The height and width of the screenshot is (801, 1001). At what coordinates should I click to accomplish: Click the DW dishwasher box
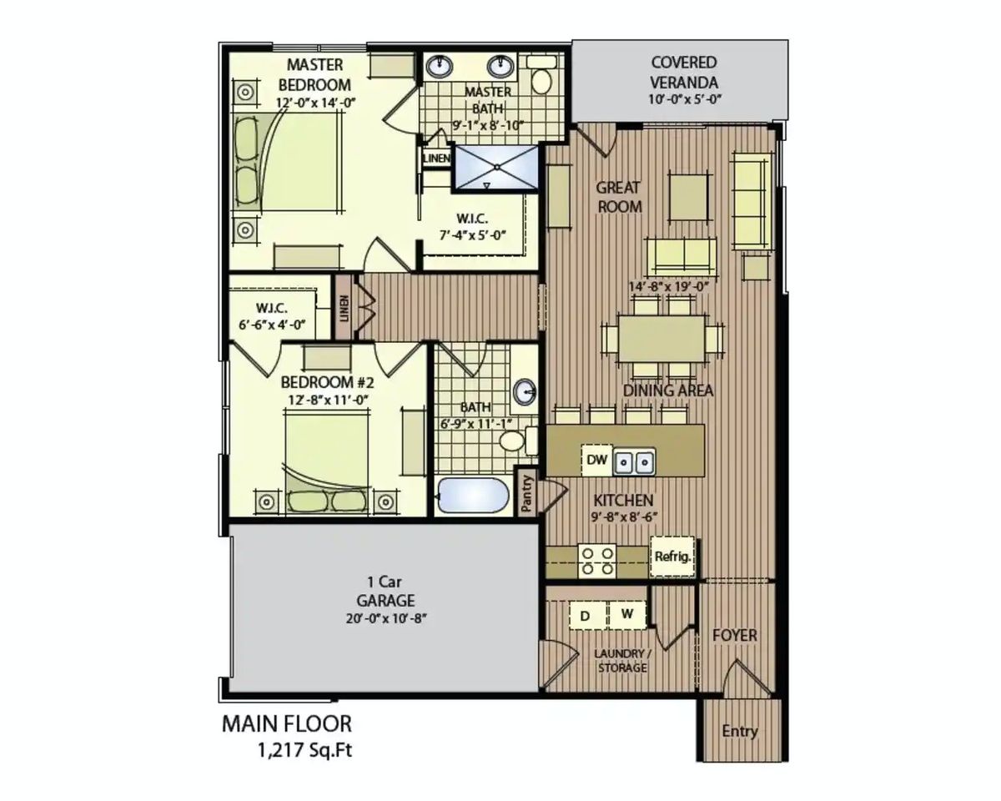[x=597, y=460]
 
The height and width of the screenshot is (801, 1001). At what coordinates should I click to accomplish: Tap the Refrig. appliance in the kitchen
[x=672, y=557]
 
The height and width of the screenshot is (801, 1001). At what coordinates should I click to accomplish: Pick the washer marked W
[x=627, y=614]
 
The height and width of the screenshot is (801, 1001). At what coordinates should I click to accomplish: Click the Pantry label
[x=526, y=493]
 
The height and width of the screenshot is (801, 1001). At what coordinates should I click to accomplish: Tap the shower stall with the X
[x=496, y=168]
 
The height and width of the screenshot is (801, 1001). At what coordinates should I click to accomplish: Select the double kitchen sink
[x=635, y=461]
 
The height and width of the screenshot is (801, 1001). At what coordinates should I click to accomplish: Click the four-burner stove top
[x=597, y=561]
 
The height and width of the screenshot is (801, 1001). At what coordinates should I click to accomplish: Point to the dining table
[x=661, y=339]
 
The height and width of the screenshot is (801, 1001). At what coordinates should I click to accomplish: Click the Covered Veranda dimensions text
[x=685, y=99]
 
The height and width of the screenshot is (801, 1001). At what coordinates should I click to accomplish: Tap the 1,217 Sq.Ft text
[x=305, y=750]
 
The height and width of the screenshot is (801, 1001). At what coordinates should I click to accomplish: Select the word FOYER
[x=735, y=635]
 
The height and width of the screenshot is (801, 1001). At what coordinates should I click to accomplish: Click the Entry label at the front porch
[x=740, y=731]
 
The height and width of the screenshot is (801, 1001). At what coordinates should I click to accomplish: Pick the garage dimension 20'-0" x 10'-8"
[x=386, y=619]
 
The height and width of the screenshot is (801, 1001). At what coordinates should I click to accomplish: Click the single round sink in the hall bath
[x=525, y=391]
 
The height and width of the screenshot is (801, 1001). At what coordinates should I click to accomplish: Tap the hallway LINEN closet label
[x=345, y=309]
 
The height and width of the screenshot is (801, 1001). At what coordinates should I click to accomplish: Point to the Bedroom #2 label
[x=328, y=383]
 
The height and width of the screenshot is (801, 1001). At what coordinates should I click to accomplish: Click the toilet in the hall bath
[x=518, y=440]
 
